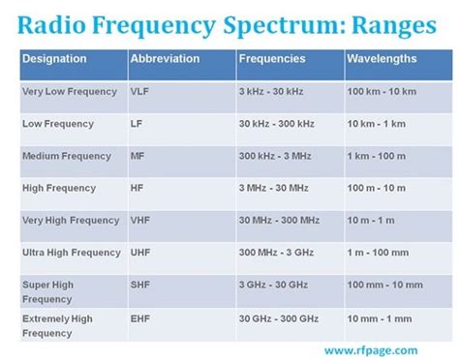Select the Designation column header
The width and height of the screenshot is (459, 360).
point(54,59)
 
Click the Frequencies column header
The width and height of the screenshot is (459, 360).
point(274,59)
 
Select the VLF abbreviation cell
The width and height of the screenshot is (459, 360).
point(139,91)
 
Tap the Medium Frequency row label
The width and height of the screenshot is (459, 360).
point(63,156)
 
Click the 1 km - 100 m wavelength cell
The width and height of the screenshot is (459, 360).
point(382,156)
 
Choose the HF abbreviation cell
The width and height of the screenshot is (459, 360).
point(136,188)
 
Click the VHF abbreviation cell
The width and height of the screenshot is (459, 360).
point(139,220)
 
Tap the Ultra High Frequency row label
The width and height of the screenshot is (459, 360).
point(72,253)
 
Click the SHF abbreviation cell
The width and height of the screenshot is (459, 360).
point(139,285)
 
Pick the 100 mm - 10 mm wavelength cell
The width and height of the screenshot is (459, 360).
point(386,285)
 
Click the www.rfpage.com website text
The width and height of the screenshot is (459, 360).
point(374,349)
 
